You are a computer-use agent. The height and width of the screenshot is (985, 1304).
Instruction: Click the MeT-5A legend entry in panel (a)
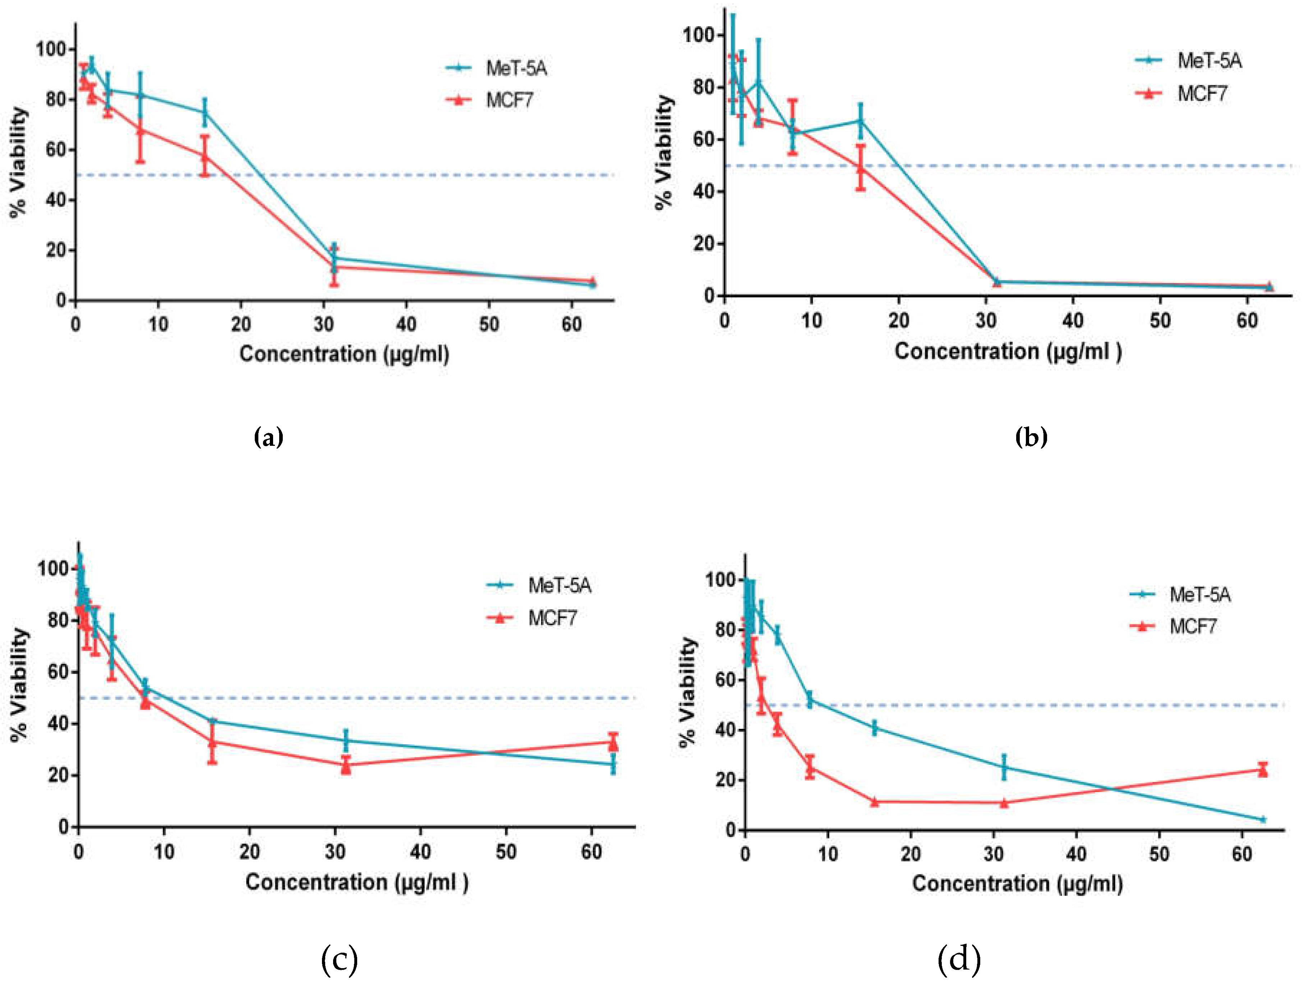click(516, 68)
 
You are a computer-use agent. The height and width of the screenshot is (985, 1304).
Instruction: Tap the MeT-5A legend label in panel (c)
click(559, 585)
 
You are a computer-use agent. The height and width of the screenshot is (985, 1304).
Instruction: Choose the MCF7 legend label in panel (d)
click(1193, 626)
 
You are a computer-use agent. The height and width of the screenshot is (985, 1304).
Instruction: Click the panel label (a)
click(268, 438)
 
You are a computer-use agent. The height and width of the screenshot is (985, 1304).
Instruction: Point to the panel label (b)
click(1031, 437)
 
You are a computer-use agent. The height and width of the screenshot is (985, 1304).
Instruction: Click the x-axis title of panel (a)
click(344, 354)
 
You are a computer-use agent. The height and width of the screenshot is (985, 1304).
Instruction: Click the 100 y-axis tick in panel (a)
click(51, 48)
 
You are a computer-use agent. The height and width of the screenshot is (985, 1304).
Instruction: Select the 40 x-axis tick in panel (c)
click(420, 852)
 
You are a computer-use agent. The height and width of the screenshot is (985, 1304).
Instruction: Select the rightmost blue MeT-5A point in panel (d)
click(1263, 819)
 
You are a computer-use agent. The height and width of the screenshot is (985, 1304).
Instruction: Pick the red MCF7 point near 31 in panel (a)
click(334, 267)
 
